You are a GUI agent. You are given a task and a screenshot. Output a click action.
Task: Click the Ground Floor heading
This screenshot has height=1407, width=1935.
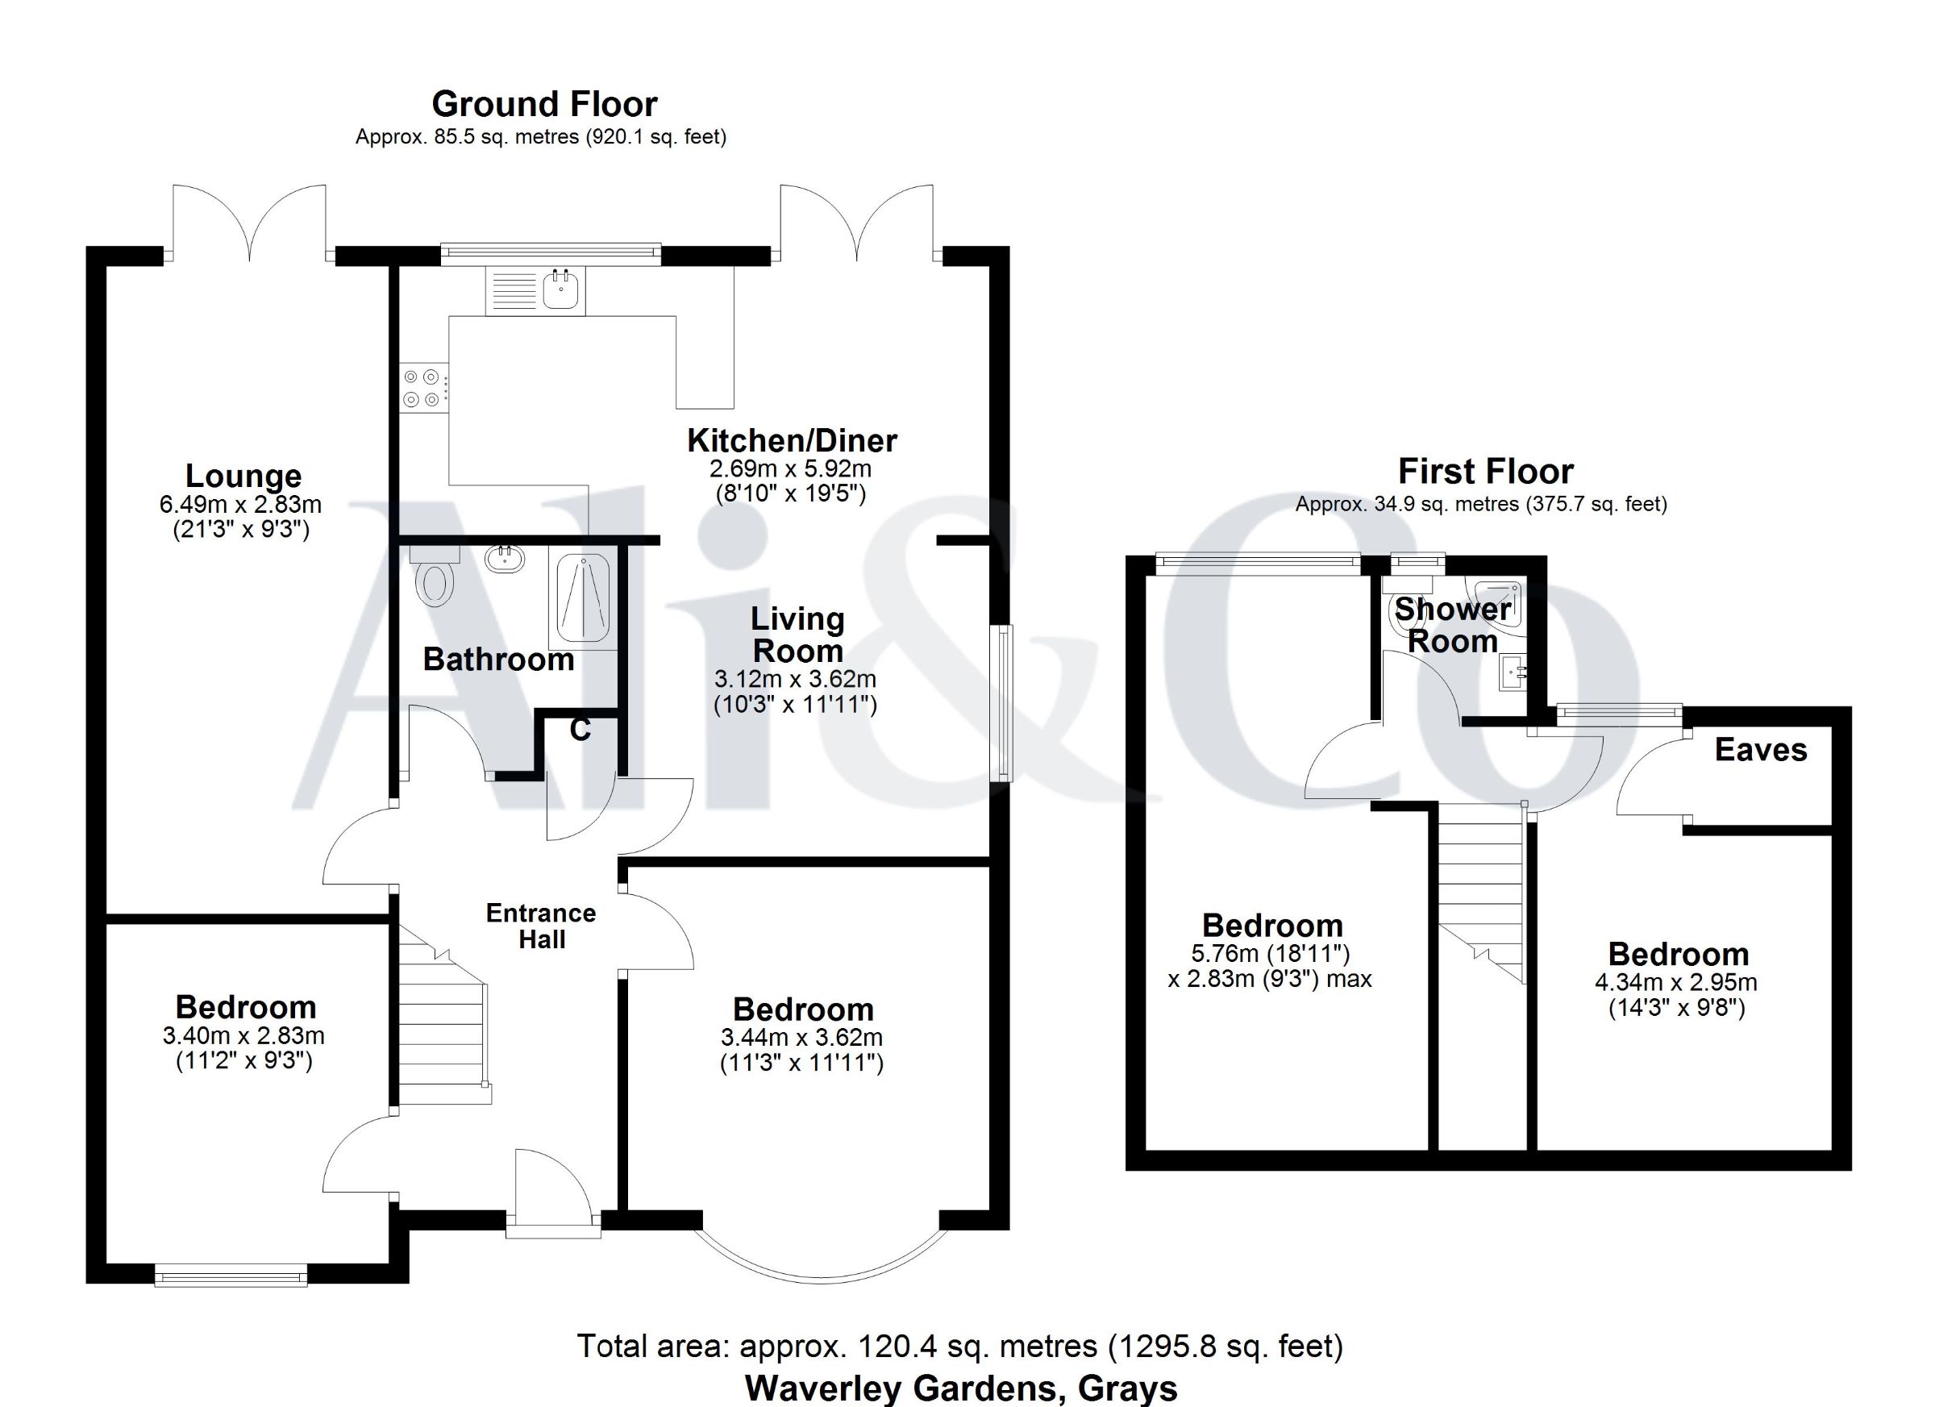[544, 104]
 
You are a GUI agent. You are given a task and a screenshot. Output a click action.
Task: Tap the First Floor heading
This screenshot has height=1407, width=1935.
[1485, 471]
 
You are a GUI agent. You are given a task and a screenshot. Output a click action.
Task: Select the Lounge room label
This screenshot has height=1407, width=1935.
[243, 476]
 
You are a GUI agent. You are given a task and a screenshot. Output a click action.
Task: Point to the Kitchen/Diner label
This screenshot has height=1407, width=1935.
[792, 441]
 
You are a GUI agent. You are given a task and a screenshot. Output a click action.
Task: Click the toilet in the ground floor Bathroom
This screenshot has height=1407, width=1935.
[435, 577]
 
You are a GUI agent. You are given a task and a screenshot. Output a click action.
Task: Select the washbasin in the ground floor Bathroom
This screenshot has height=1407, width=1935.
[505, 559]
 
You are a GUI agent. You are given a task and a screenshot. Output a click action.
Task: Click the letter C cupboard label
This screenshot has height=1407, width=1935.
[580, 731]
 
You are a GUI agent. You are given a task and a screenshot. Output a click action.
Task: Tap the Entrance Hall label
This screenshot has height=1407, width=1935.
[541, 926]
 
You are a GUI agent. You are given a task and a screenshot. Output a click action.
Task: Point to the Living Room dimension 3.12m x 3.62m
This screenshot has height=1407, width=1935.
[795, 679]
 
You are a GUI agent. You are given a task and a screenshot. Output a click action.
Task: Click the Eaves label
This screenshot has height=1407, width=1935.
[1761, 750]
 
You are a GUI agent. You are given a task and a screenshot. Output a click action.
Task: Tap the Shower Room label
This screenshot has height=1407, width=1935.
[1453, 626]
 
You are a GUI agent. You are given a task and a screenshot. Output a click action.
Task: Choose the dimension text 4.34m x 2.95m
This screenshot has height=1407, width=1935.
[1676, 982]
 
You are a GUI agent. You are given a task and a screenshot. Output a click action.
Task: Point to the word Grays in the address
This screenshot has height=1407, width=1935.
[1128, 1388]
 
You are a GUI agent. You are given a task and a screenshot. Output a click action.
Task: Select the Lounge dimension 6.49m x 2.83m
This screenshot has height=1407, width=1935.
[240, 504]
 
